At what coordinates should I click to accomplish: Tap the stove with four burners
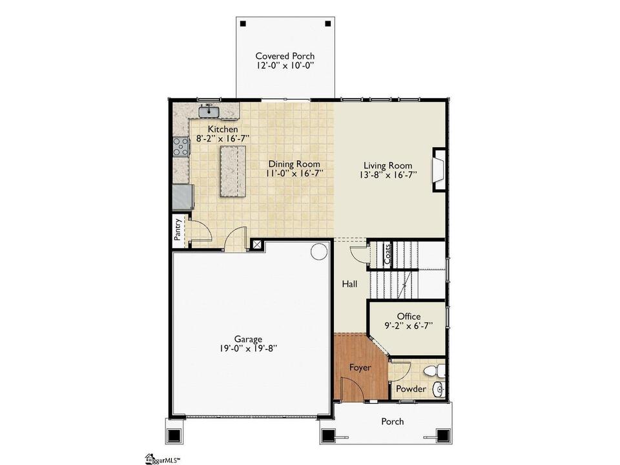pos(181,147)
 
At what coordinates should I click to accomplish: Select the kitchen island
pos(233,170)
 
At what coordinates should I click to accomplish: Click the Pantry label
pos(178,229)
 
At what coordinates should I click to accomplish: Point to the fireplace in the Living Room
pos(439,170)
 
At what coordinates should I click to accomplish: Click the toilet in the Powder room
pos(434,371)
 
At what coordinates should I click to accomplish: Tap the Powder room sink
pos(439,389)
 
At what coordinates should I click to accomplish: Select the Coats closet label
pos(387,254)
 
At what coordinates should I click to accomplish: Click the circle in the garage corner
pos(318,251)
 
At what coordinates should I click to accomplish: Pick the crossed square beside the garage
pos(257,244)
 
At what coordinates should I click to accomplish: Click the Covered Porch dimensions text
pos(285,66)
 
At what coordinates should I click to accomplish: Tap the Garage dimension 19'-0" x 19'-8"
pos(248,348)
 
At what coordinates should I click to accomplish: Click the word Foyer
pos(360,367)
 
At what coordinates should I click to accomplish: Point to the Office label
pos(409,316)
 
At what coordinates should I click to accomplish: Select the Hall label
pos(349,284)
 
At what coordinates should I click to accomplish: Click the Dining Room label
pos(294,163)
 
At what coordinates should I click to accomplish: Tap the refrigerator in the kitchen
pos(183,197)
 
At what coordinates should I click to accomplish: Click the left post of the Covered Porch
pos(243,24)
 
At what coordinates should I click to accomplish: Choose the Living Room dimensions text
pos(388,175)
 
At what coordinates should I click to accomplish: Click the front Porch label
pos(393,422)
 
